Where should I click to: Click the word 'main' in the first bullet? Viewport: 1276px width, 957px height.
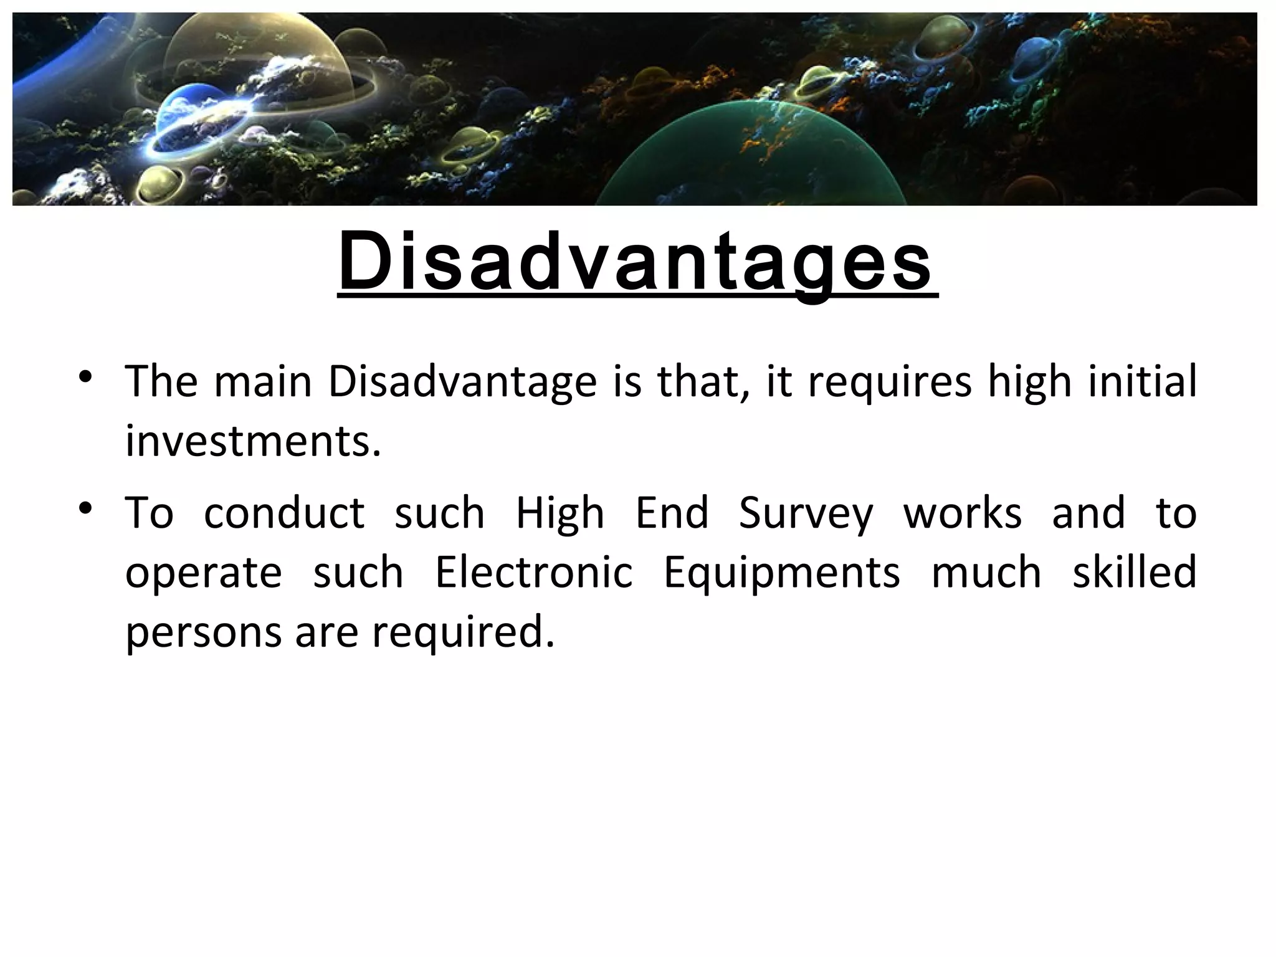262,381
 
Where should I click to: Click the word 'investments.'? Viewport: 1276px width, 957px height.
253,440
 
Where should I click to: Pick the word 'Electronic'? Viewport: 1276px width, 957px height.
533,573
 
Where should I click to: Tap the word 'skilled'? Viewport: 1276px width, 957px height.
1134,573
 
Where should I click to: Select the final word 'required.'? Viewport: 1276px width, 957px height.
464,633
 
